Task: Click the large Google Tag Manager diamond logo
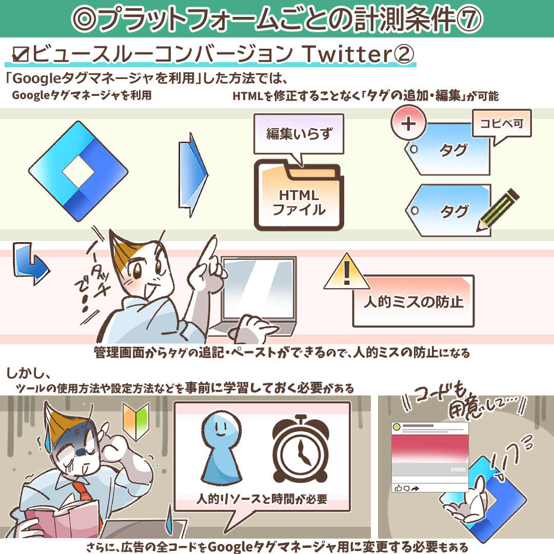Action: click(78, 171)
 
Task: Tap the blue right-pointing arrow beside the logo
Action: click(193, 174)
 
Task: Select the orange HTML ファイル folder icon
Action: click(299, 195)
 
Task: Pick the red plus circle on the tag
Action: click(408, 123)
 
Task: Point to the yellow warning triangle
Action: click(347, 272)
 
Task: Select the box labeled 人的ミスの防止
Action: click(413, 301)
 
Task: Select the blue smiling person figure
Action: click(222, 447)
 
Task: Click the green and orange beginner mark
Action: click(136, 422)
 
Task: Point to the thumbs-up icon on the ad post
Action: click(398, 488)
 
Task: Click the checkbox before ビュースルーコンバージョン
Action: click(21, 54)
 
